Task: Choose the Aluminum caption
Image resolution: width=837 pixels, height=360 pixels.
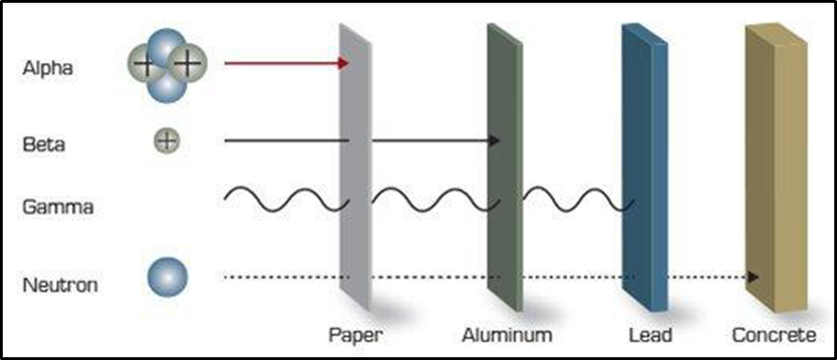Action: coord(508,334)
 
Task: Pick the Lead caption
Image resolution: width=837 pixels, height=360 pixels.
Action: coord(651,334)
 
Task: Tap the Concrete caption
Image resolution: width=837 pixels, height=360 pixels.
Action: coord(773,334)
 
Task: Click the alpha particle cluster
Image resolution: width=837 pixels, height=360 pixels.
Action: coord(166,65)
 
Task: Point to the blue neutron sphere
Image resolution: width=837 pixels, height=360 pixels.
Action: coord(168,276)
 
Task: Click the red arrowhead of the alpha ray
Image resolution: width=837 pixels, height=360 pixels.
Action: coord(343,63)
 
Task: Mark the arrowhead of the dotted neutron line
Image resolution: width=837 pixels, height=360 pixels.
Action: coord(754,276)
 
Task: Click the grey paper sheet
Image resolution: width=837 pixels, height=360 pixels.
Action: coord(355,166)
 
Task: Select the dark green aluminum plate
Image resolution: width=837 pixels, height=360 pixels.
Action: coord(505,166)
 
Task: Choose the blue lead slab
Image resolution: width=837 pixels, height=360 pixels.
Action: coord(643,166)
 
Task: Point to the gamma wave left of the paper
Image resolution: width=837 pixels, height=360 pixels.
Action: coord(281,198)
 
